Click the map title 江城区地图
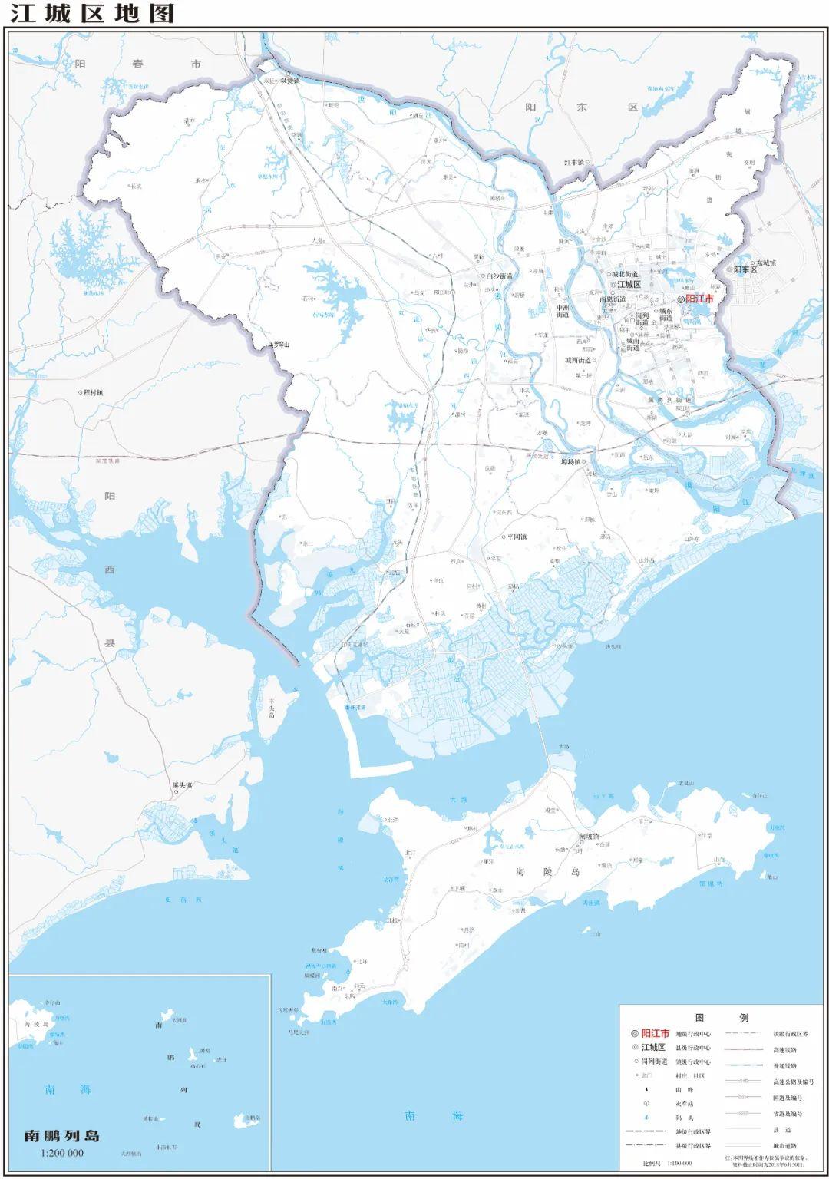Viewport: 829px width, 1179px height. [x=93, y=13]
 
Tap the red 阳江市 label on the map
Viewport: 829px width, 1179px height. [x=699, y=299]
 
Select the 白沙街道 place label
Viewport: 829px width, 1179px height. [x=499, y=276]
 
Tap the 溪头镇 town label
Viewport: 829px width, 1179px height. [x=183, y=785]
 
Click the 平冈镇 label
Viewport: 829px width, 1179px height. [x=514, y=537]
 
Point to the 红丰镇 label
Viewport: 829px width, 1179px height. [x=574, y=163]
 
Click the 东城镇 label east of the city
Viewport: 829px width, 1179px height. [x=762, y=263]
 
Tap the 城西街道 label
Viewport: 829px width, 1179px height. [x=579, y=360]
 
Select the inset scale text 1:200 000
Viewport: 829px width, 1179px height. [x=62, y=1153]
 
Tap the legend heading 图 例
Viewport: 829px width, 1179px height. [x=721, y=1018]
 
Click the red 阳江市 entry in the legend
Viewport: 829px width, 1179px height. [x=655, y=1034]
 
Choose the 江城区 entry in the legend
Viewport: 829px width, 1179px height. [x=654, y=1048]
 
